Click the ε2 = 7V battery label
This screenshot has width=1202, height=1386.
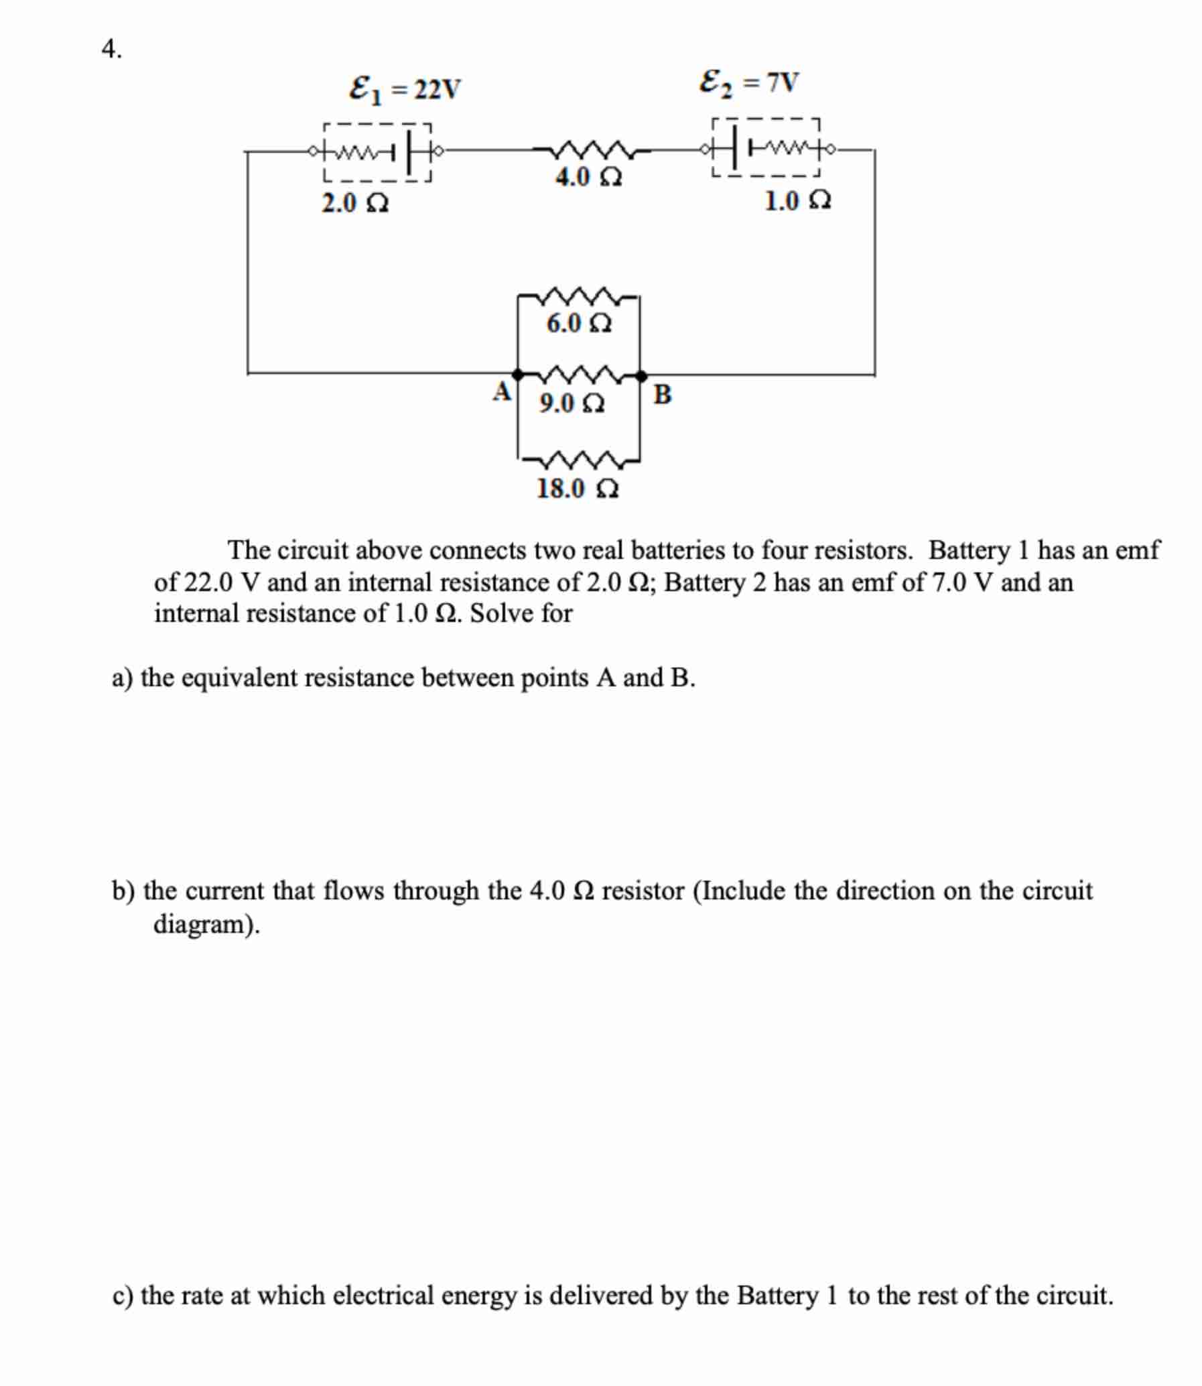point(748,83)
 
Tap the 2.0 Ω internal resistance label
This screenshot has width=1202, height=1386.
point(355,203)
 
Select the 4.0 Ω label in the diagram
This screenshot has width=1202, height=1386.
point(588,178)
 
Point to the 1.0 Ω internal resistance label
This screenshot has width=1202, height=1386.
point(797,200)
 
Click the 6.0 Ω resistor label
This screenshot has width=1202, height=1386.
point(578,324)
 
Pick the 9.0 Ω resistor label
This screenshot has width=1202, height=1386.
point(572,403)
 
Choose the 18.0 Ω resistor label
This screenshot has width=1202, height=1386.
point(578,489)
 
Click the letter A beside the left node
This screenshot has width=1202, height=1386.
point(502,391)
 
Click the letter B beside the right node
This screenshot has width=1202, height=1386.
point(661,395)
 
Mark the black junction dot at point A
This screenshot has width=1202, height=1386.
point(517,374)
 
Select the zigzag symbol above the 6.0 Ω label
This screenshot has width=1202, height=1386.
point(578,296)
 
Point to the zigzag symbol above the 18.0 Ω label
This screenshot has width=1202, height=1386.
point(579,461)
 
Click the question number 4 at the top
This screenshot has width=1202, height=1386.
point(111,50)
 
